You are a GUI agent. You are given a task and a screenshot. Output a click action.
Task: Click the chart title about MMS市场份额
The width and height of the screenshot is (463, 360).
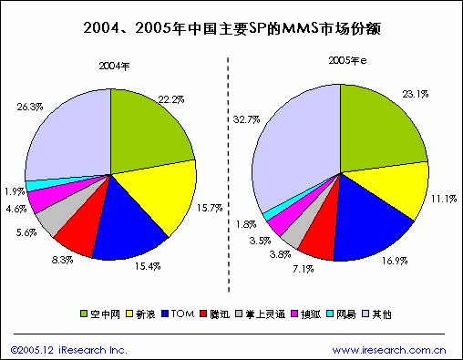pyautogui.click(x=231, y=29)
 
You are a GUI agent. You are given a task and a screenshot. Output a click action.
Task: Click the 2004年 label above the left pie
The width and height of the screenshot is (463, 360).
pyautogui.click(x=113, y=65)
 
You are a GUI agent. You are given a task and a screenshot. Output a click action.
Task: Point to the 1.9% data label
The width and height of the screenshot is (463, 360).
pyautogui.click(x=14, y=192)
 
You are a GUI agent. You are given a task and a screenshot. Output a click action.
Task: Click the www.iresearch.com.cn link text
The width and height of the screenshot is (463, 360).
pyautogui.click(x=388, y=349)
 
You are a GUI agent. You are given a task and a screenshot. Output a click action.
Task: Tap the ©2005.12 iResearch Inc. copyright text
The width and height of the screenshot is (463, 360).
pyautogui.click(x=67, y=349)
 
